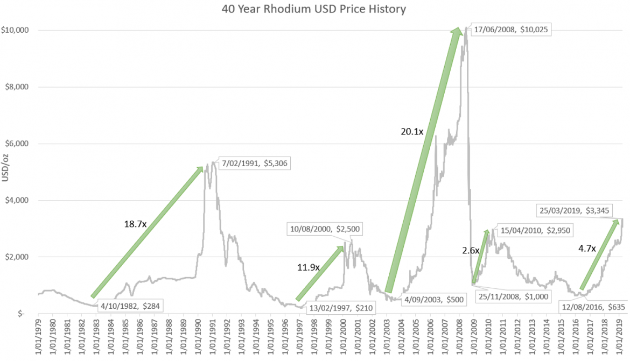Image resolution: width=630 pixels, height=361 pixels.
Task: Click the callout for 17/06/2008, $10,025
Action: pos(512,30)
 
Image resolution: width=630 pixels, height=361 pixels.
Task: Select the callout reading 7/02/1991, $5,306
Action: pos(255,162)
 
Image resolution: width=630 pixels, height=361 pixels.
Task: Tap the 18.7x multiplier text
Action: pos(134,223)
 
